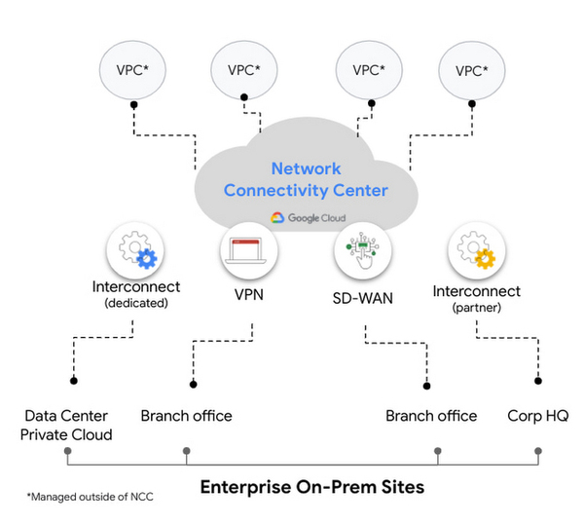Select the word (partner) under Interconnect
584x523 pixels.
(x=477, y=307)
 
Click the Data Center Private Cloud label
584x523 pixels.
(x=67, y=425)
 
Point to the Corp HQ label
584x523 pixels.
(x=538, y=416)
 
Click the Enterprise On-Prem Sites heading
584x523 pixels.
(x=311, y=486)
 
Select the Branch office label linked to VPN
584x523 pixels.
(x=186, y=416)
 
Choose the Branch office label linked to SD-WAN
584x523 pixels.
(x=431, y=416)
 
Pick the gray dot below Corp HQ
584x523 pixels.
(x=537, y=451)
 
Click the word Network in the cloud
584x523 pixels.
(x=308, y=168)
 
